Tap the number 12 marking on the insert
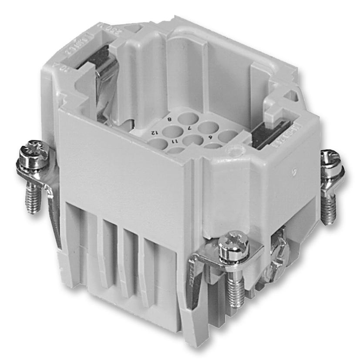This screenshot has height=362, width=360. pos(154,131)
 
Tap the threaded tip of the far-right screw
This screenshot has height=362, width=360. pos(330,213)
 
